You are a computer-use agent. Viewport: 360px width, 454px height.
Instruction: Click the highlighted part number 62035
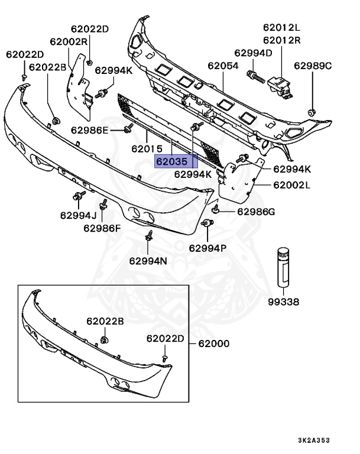[171, 161]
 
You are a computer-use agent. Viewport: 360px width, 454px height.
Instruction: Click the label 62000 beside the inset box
[213, 343]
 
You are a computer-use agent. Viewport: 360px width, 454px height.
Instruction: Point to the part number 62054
[223, 66]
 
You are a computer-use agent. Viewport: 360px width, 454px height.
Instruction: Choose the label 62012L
[282, 28]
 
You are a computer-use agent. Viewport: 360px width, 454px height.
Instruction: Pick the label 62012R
[282, 40]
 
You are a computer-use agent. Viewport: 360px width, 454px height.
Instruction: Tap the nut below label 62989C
[313, 111]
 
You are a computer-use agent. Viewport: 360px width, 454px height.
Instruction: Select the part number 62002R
[69, 41]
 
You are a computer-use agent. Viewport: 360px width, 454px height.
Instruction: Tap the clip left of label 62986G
[217, 210]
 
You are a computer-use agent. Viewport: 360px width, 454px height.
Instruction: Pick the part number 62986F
[102, 228]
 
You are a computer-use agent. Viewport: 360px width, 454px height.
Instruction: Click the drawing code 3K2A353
[330, 440]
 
